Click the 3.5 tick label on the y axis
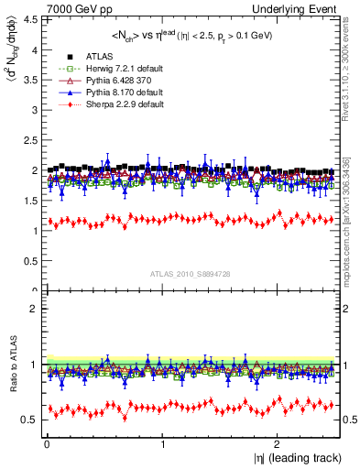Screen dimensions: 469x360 [31, 79]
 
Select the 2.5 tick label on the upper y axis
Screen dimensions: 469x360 [31, 139]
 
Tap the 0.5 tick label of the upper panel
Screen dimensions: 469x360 [31, 261]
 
